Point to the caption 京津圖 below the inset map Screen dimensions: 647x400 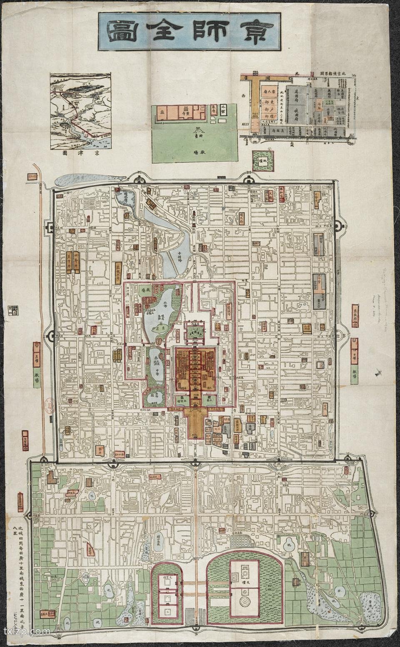(80, 153)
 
